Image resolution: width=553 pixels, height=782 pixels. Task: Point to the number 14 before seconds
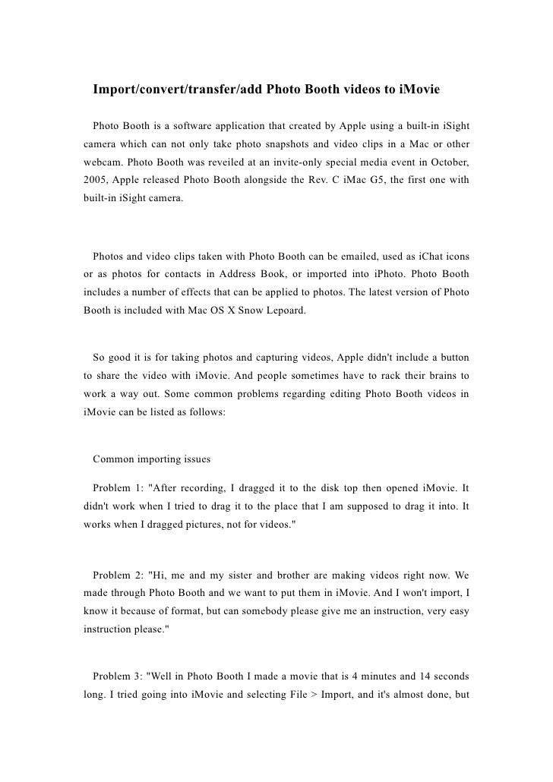[416, 675]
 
